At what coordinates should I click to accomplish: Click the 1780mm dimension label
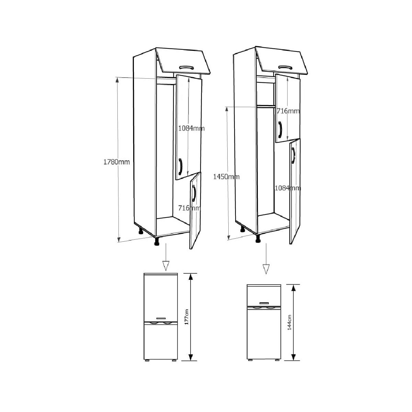116,162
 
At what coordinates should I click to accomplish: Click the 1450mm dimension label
226,177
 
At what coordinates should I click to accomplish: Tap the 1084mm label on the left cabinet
191,128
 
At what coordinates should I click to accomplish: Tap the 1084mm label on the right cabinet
288,188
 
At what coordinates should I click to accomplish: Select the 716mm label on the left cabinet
189,208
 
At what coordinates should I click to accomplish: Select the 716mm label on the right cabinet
288,111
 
